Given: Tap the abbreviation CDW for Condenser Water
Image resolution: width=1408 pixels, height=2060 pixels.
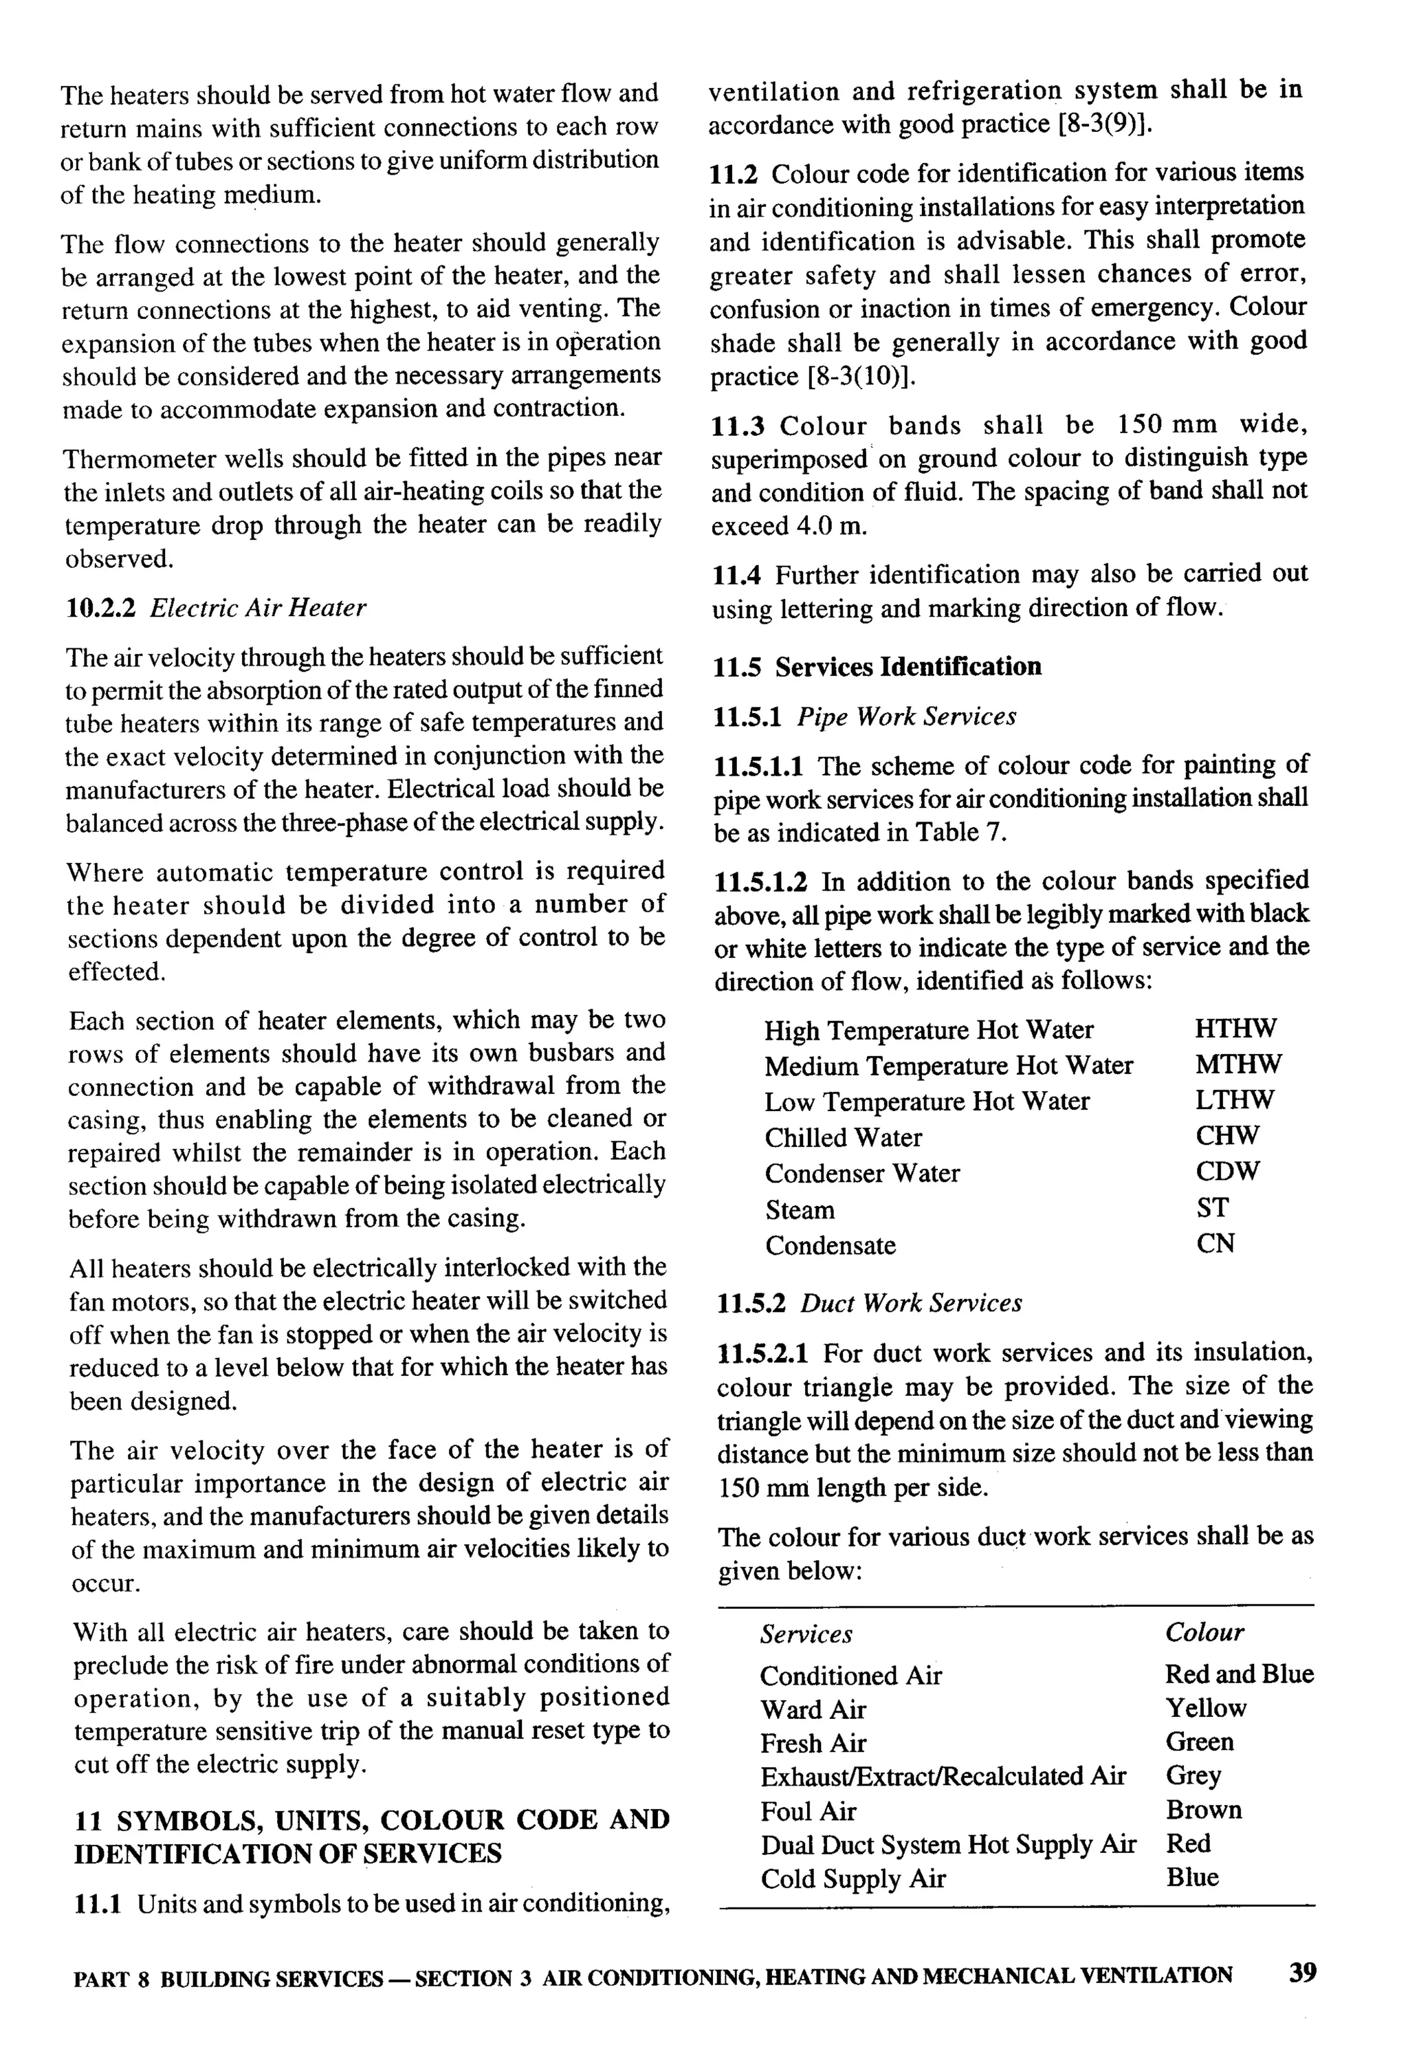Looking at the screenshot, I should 1227,1171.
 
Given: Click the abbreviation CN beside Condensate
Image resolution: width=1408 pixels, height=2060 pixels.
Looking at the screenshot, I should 1215,1244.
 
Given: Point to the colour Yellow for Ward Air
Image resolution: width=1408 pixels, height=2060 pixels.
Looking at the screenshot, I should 1205,1708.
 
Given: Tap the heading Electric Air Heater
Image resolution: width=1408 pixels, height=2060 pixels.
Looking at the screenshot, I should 257,608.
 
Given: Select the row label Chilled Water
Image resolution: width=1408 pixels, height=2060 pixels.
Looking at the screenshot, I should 843,1137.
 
